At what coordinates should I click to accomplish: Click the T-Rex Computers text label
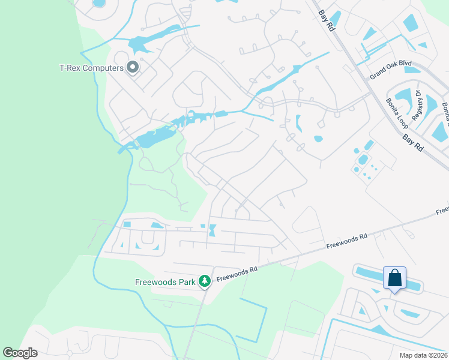91,68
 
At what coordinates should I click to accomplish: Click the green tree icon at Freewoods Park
205,281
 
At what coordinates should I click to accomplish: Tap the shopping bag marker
395,278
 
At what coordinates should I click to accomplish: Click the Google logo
20,353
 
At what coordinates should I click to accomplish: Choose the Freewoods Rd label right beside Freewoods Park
237,274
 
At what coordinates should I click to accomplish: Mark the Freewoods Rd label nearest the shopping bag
347,242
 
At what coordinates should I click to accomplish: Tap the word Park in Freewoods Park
185,281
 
